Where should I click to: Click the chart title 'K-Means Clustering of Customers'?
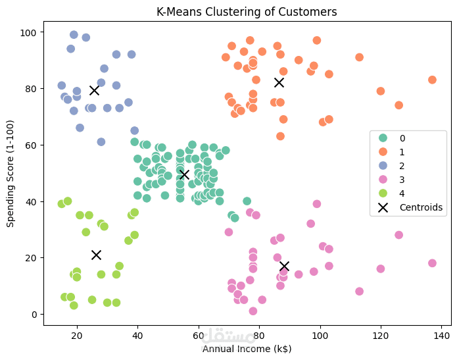pyautogui.click(x=247, y=11)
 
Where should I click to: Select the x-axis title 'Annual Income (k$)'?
pyautogui.click(x=247, y=348)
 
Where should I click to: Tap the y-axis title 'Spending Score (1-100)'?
pyautogui.click(x=11, y=173)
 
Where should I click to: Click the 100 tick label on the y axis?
pyautogui.click(x=30, y=32)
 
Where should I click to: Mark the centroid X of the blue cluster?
pyautogui.click(x=95, y=90)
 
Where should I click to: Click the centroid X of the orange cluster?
pyautogui.click(x=279, y=82)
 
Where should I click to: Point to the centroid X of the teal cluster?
pyautogui.click(x=184, y=174)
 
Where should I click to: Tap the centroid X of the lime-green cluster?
pyautogui.click(x=96, y=255)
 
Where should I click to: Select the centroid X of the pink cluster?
pyautogui.click(x=284, y=266)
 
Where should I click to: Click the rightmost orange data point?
pyautogui.click(x=432, y=80)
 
